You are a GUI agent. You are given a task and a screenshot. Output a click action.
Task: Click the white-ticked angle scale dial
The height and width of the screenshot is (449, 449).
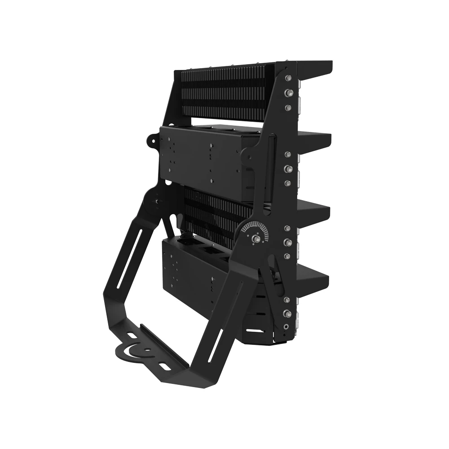tap(253, 229)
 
